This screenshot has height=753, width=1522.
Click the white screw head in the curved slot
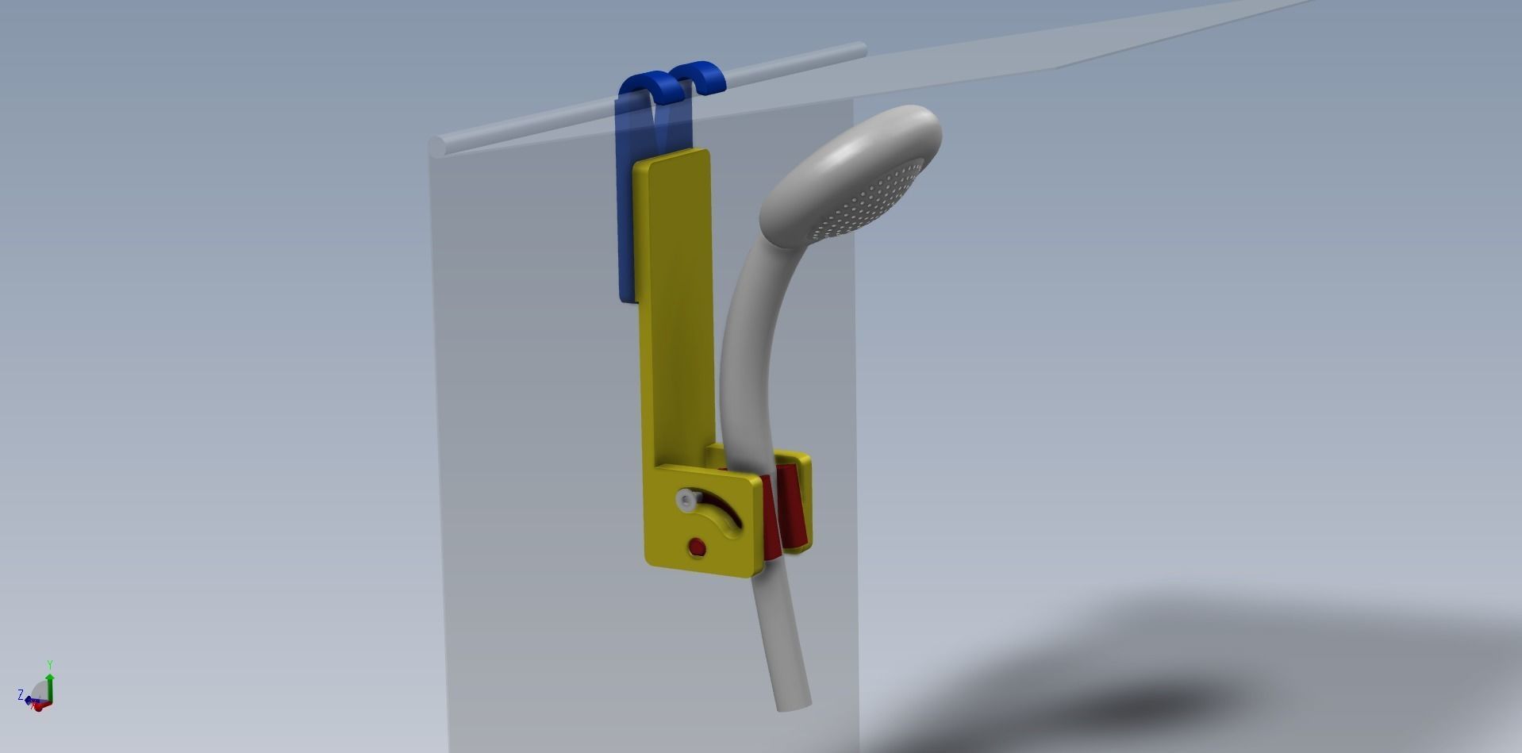(x=686, y=501)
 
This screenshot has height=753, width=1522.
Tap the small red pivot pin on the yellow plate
(x=697, y=547)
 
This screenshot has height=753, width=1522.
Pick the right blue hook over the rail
(x=701, y=76)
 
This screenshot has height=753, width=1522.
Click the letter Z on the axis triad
(x=21, y=695)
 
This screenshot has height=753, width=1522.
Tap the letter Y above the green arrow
(x=50, y=665)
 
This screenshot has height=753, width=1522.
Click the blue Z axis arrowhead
(x=29, y=700)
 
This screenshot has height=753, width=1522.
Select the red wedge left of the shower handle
(x=769, y=516)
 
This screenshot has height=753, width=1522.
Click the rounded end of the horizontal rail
(x=437, y=147)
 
